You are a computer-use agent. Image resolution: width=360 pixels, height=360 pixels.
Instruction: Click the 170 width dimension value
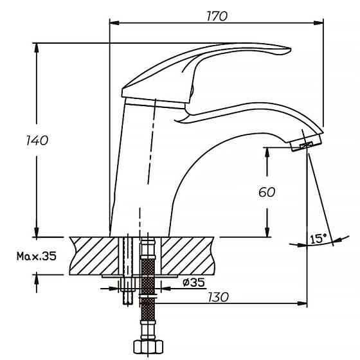217,16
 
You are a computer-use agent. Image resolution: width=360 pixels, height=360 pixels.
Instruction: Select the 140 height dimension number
37,140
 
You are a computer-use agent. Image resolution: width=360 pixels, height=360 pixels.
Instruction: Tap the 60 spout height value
267,192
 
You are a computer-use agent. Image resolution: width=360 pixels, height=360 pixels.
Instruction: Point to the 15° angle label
319,239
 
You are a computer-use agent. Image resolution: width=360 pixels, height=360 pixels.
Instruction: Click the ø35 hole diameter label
194,282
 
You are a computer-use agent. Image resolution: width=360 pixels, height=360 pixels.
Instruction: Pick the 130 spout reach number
218,297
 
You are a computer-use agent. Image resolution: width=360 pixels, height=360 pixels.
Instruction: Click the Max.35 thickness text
37,256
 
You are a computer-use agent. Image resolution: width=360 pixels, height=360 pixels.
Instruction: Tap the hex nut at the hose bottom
148,347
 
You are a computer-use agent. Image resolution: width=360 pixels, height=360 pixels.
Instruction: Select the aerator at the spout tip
306,142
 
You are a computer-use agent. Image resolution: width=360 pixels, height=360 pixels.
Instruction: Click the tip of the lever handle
290,49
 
